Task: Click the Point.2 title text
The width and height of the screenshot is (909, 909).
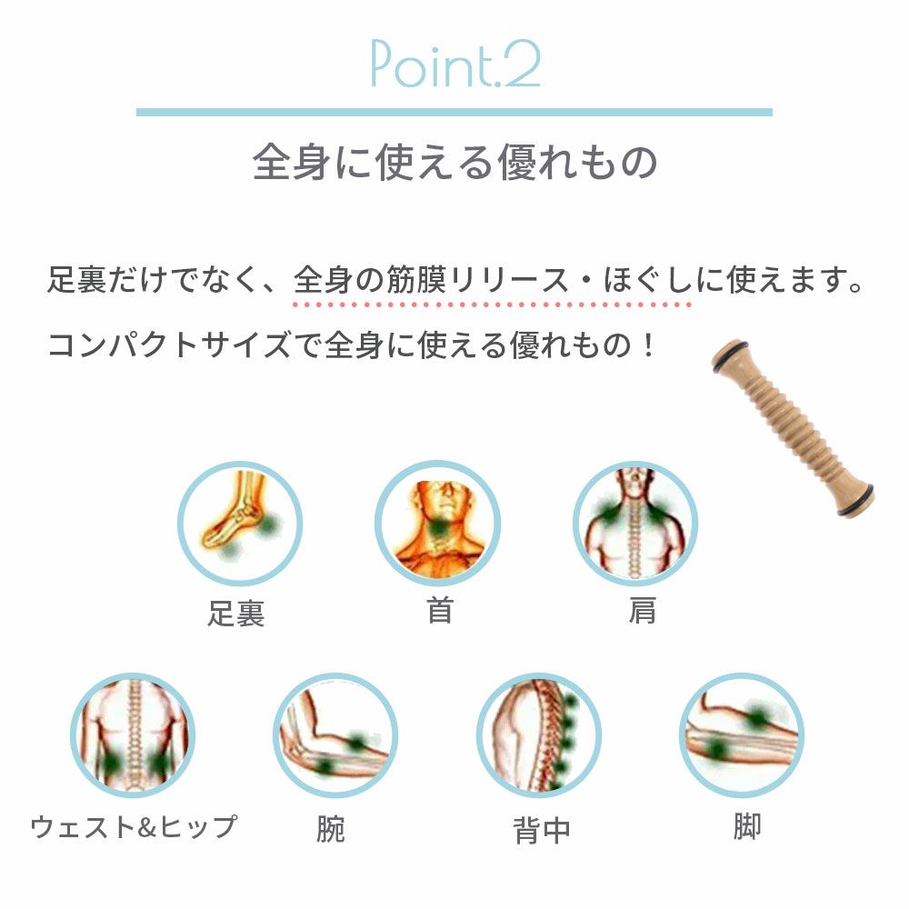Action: (455, 64)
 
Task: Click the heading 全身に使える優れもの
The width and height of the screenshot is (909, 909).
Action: (455, 162)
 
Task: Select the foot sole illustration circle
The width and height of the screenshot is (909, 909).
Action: (239, 523)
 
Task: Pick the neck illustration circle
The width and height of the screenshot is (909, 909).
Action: (438, 523)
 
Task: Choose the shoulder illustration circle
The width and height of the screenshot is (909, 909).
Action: (635, 523)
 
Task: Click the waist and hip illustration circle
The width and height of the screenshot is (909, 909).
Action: (133, 735)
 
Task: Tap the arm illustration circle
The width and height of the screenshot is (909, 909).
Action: (335, 735)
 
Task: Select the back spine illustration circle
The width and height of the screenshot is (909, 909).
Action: (538, 735)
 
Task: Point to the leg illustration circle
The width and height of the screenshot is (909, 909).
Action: (742, 735)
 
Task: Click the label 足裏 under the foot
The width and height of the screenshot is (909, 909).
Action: (236, 614)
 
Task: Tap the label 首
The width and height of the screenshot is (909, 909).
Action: (440, 611)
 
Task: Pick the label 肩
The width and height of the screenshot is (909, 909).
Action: (643, 611)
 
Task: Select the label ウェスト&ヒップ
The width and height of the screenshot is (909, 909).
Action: (134, 826)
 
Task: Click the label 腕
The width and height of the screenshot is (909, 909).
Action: (331, 829)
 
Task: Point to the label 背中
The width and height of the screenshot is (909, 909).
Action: (542, 830)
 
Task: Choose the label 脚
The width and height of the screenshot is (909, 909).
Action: (746, 826)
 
